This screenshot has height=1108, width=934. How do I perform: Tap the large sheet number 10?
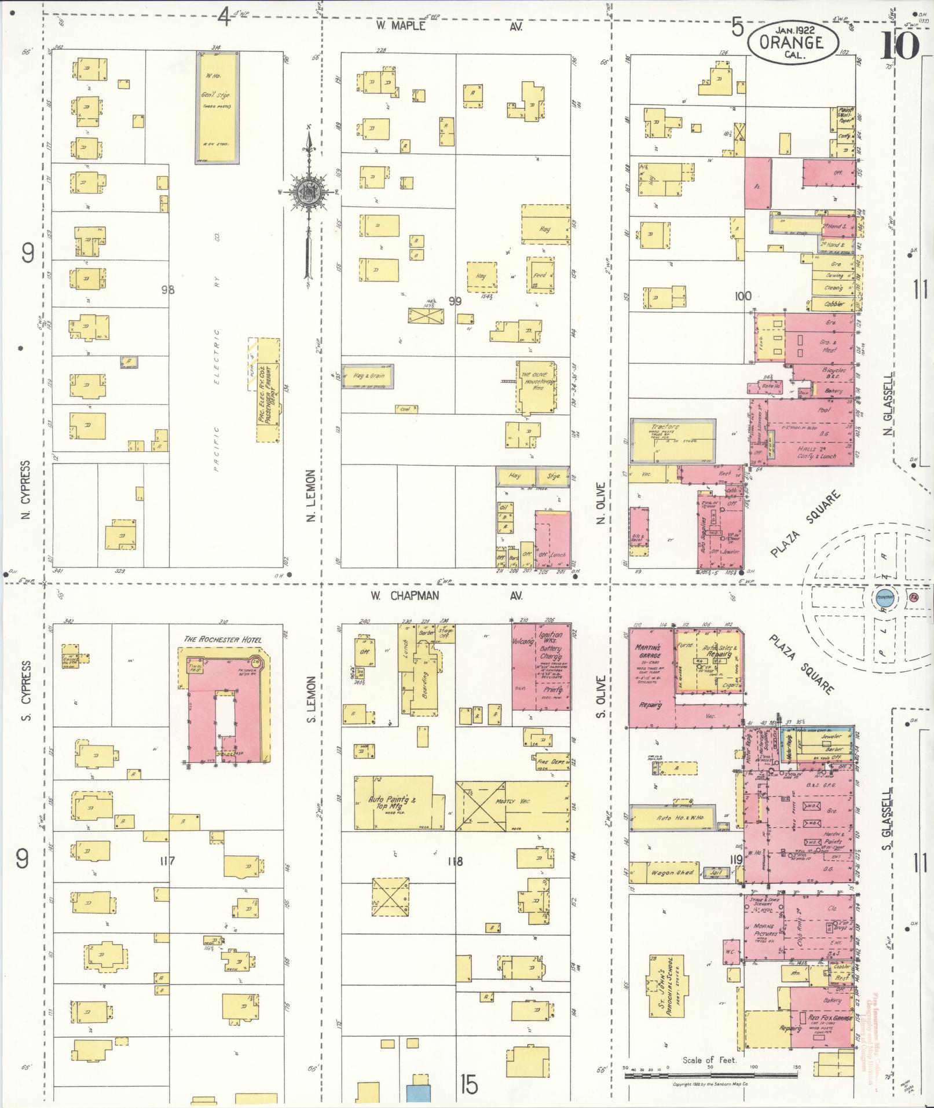[x=900, y=45]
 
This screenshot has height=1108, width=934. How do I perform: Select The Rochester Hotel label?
[x=222, y=639]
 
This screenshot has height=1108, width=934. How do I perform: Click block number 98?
[x=168, y=290]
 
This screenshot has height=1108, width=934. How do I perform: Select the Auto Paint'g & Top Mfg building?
[x=400, y=803]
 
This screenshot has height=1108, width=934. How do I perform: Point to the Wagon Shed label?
[x=671, y=872]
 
